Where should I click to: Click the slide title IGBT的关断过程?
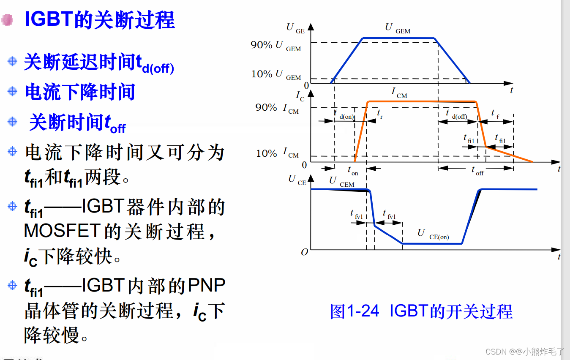[100, 19]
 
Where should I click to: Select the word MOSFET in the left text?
[62, 231]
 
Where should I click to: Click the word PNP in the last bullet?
[206, 286]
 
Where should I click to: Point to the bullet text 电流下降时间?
[80, 92]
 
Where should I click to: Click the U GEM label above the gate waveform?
[397, 28]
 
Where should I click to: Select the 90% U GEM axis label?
[275, 45]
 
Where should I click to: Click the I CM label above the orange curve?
[398, 93]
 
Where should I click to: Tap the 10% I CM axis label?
[277, 153]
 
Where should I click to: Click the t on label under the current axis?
[352, 171]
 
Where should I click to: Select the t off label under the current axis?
[477, 171]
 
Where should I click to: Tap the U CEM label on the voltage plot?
[341, 182]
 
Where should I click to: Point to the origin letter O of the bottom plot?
[304, 252]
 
